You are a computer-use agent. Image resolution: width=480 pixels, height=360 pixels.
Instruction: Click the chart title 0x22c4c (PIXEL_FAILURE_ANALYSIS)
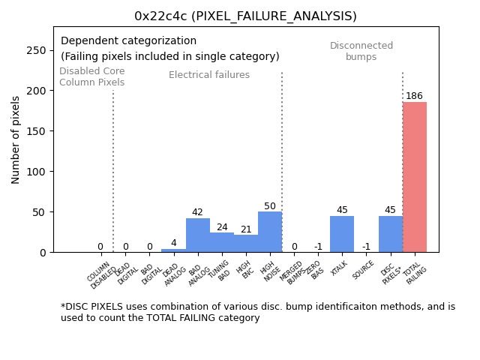tap(245, 16)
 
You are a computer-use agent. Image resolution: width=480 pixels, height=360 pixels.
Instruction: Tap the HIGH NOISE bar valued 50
tap(270, 232)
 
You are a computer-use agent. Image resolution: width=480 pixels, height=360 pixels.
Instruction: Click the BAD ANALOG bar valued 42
tap(198, 235)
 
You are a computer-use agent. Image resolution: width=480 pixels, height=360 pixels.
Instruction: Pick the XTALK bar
tap(342, 234)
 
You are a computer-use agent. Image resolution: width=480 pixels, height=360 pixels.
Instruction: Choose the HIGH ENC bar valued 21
tap(246, 244)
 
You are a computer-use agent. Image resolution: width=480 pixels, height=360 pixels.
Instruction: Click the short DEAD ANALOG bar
tap(173, 250)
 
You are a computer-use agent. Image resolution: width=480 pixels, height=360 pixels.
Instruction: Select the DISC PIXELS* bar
tap(390, 234)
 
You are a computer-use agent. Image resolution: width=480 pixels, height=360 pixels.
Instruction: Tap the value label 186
tap(415, 96)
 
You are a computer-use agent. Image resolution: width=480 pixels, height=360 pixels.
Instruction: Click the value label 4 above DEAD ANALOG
tap(173, 243)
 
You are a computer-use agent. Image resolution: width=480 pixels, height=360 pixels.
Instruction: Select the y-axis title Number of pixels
tap(16, 139)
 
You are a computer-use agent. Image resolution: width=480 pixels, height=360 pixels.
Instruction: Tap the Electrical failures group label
tap(209, 75)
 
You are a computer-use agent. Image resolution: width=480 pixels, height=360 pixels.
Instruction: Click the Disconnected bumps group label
tap(361, 51)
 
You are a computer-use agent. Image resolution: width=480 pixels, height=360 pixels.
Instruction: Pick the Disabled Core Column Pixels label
tap(92, 76)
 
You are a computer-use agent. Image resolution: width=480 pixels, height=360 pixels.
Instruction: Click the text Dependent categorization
tap(128, 41)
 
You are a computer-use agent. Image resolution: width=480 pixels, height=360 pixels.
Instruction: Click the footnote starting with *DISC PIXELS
tap(257, 312)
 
